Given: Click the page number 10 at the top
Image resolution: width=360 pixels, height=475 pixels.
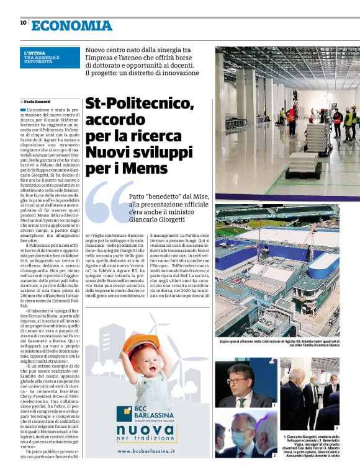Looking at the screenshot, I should pos(23,23).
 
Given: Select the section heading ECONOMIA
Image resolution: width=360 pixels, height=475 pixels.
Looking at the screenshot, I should pos(71,25).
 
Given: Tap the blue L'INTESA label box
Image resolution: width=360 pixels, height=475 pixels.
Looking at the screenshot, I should pos(50,57).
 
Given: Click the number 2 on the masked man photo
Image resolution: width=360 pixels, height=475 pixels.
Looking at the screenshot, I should pos(274,456).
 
